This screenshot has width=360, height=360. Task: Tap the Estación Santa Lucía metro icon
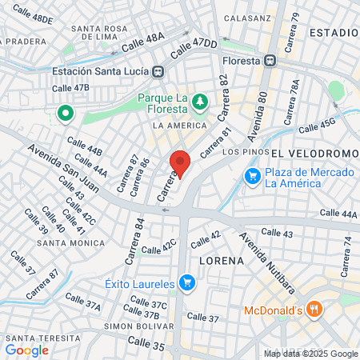(x=159, y=71)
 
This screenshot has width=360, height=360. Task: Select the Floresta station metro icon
(x=271, y=60)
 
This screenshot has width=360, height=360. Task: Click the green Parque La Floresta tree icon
(x=198, y=102)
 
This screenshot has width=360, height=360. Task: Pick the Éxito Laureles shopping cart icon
(x=187, y=282)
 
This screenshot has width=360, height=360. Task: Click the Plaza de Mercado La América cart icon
(x=253, y=174)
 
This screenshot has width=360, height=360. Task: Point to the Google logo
(x=26, y=350)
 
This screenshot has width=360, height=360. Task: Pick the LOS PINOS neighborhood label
(x=242, y=151)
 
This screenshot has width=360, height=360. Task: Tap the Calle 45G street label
(x=317, y=126)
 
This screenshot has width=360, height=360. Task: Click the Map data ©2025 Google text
(x=311, y=354)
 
